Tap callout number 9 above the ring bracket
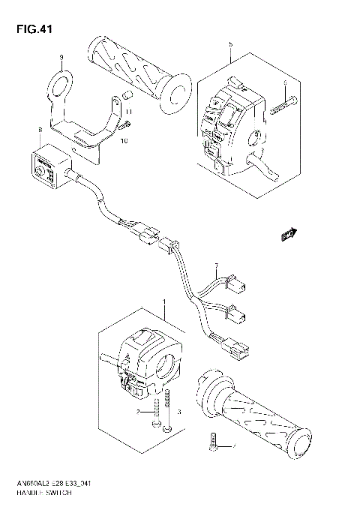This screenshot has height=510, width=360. click(62, 57)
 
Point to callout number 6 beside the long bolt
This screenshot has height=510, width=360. click(285, 83)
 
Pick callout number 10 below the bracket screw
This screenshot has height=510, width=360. click(124, 139)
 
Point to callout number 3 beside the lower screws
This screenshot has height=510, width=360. click(178, 412)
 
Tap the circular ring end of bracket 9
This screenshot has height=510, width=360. click(61, 79)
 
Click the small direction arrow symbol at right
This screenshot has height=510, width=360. click(286, 235)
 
